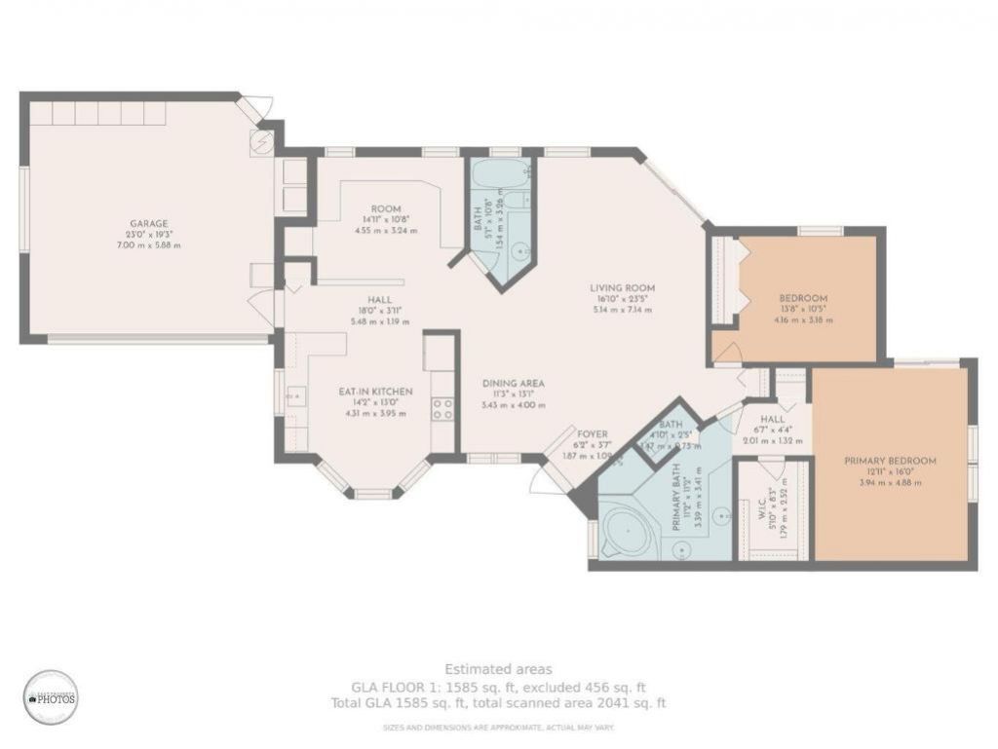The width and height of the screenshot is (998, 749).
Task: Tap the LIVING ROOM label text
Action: click(x=622, y=288)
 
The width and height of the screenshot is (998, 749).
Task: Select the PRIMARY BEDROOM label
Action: click(x=890, y=461)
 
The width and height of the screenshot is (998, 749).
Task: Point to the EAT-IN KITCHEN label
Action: click(x=375, y=392)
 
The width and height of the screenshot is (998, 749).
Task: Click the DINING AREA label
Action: click(x=513, y=383)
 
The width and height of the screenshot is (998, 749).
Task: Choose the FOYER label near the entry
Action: click(x=593, y=434)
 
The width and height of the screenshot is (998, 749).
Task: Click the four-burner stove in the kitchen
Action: click(x=442, y=409)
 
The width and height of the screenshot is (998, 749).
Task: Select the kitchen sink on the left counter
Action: click(x=295, y=397)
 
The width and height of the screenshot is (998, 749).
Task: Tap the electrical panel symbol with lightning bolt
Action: click(x=261, y=143)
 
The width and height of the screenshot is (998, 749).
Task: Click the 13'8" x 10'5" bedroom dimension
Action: click(x=803, y=309)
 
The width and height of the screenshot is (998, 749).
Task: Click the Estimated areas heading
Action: click(x=498, y=669)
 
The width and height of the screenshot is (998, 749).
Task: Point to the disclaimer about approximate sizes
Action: click(x=498, y=728)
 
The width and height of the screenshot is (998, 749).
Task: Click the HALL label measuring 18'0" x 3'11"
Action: click(x=380, y=300)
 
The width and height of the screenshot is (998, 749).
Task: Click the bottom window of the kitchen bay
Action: click(x=371, y=494)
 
